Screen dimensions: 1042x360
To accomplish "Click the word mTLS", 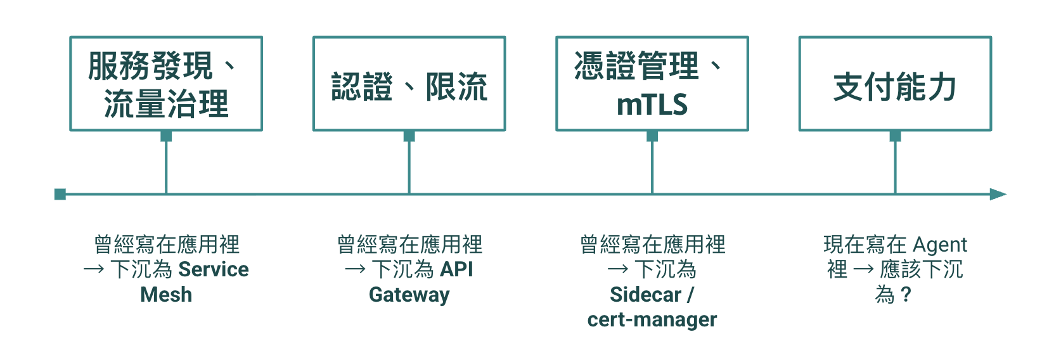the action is point(652,104).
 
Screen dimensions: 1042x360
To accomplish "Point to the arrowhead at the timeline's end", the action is point(998,194).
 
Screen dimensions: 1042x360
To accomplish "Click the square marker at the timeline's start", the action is point(60,194).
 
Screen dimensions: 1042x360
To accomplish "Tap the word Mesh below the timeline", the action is point(166,295).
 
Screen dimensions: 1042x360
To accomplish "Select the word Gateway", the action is point(409,295).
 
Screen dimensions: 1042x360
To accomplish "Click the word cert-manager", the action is point(652,319).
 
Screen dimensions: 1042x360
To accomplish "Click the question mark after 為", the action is point(906,295).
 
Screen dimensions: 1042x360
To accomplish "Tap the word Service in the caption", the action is point(214,269).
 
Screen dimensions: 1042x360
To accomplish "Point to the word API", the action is point(456,269).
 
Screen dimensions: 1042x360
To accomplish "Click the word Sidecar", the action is point(646,295).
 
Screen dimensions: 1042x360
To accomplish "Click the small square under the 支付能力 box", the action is point(895,136).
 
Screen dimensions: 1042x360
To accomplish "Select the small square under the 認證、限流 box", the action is point(409,136).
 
